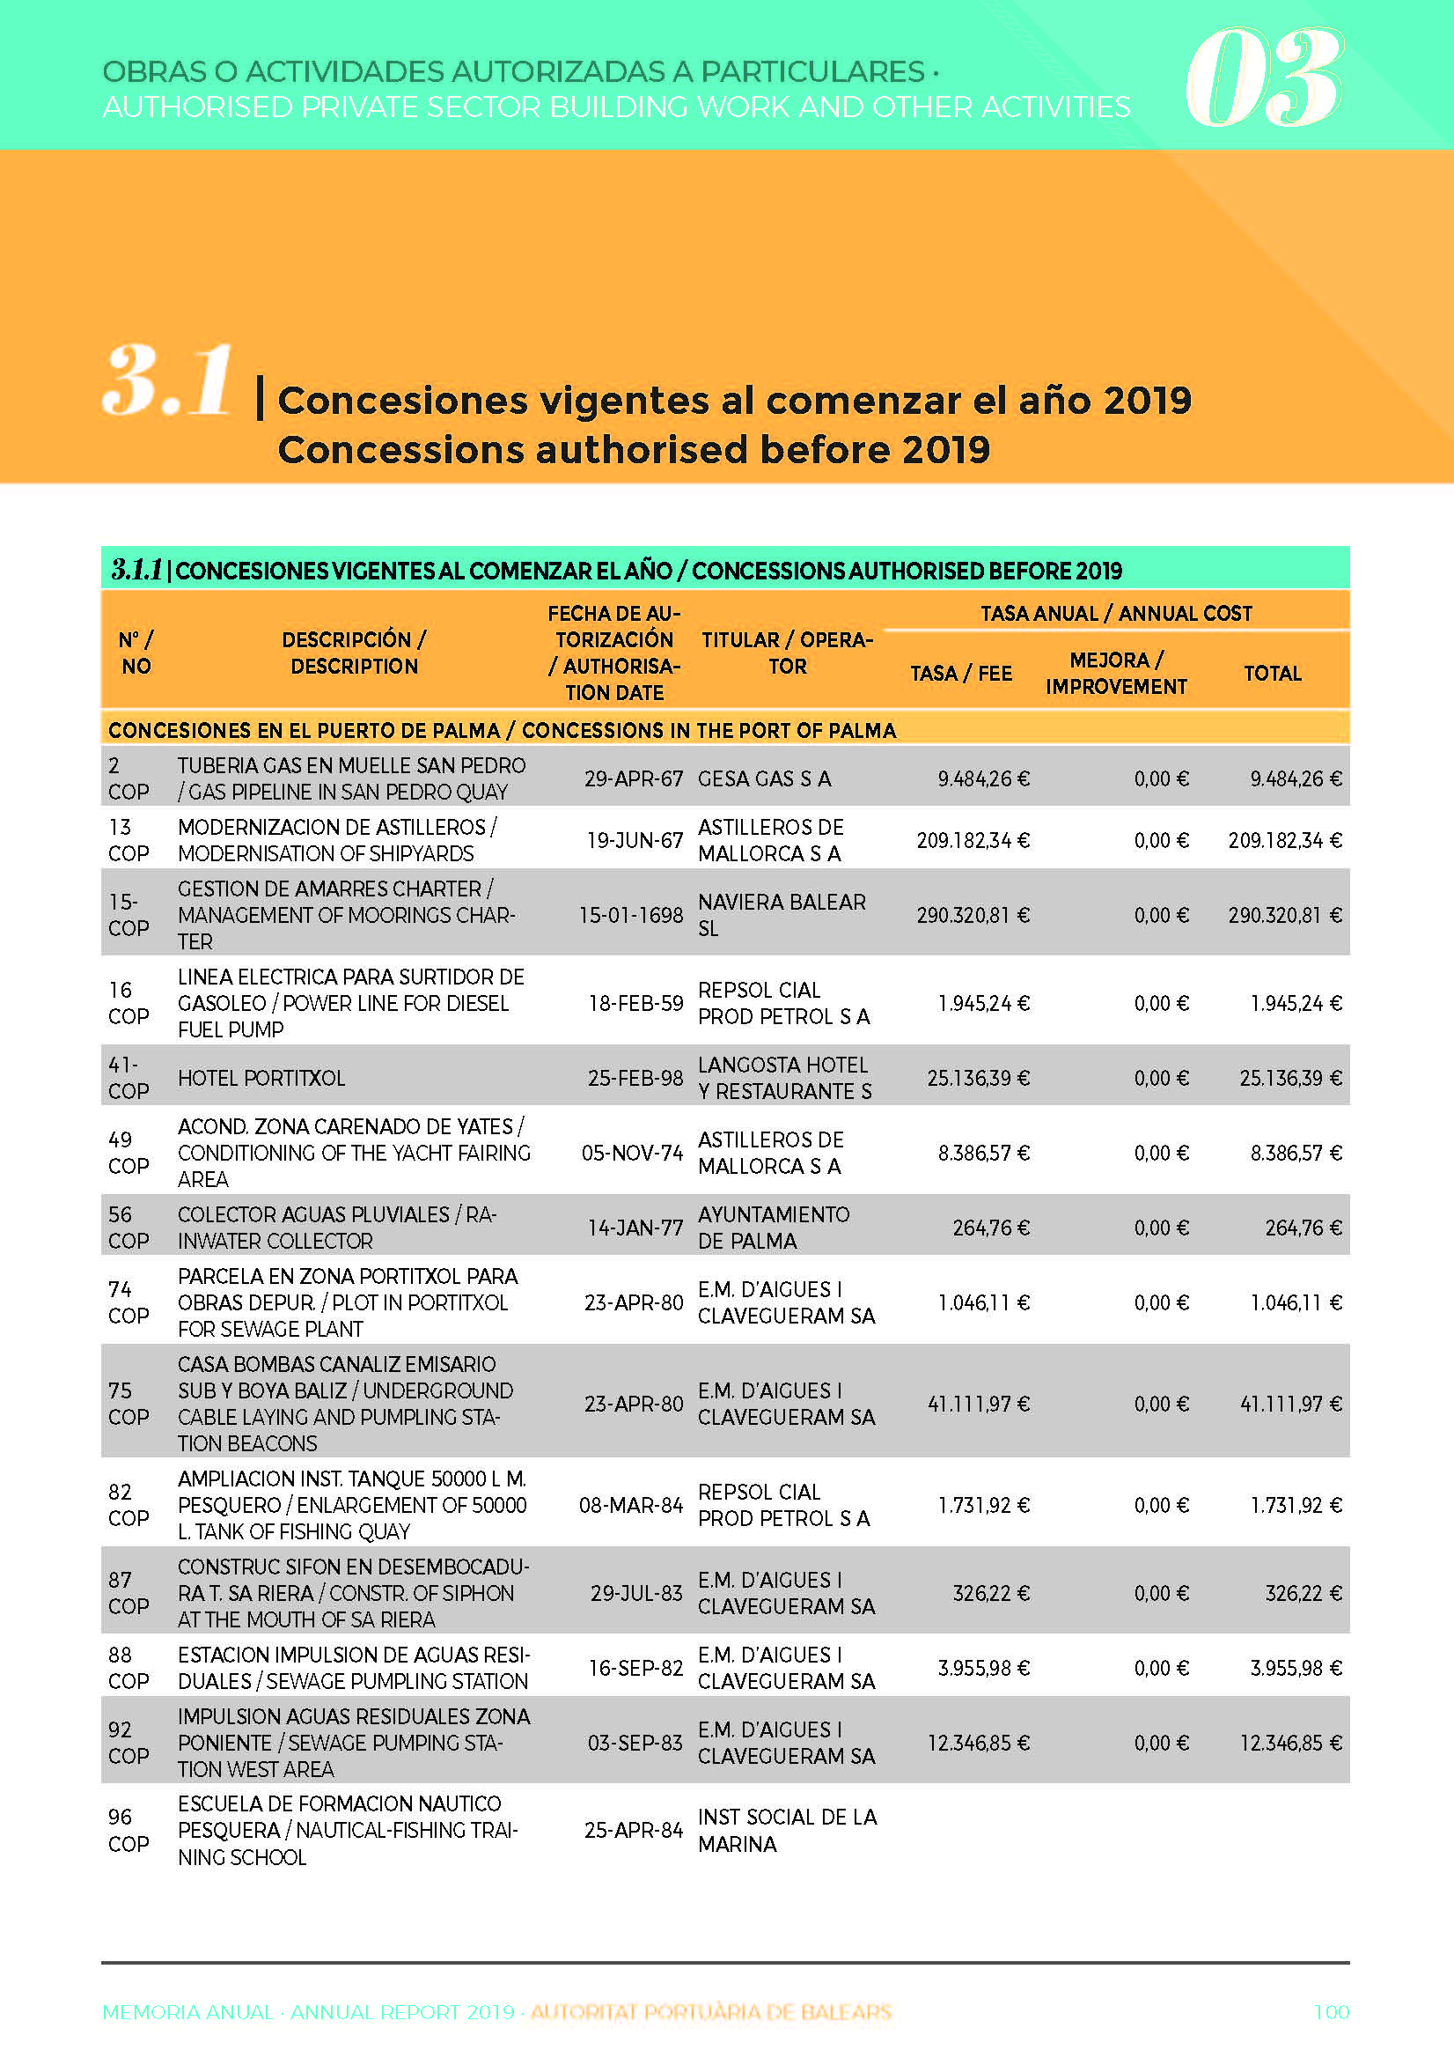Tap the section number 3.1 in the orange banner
point(168,381)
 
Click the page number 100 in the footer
point(1332,2012)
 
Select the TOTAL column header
point(1273,674)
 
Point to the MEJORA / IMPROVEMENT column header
point(1116,674)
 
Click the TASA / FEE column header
point(961,674)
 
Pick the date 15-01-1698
point(631,916)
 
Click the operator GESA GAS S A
point(764,778)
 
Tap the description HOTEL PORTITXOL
point(261,1079)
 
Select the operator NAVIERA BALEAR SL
point(782,916)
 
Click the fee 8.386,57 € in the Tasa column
point(984,1153)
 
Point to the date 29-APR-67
point(634,778)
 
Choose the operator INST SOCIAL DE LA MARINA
point(787,1830)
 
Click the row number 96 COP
point(129,1830)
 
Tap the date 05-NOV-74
point(632,1153)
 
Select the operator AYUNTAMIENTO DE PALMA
point(774,1228)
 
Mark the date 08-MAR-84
point(631,1506)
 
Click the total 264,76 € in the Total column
point(1303,1228)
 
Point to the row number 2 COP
point(129,778)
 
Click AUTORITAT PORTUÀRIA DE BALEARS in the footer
point(710,2012)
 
